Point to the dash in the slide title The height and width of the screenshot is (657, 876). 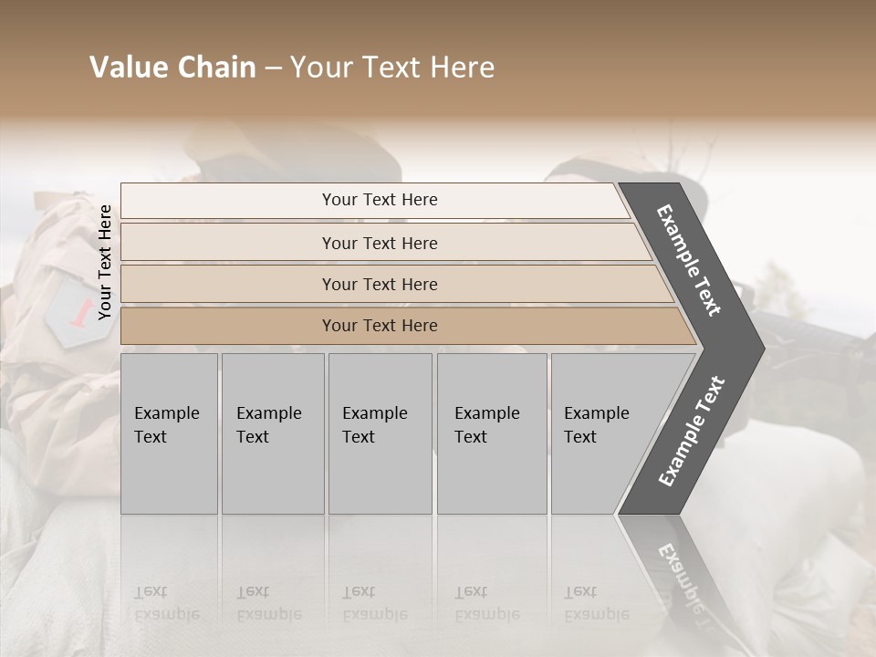273,68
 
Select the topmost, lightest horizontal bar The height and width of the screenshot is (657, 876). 374,200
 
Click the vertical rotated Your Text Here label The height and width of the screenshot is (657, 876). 105,262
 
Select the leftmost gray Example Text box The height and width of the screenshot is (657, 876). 168,433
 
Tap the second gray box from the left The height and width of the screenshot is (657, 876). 272,433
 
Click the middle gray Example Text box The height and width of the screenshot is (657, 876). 379,433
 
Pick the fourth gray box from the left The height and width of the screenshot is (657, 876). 491,433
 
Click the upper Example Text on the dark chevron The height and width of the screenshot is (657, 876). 689,260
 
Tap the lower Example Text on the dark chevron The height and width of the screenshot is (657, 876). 692,431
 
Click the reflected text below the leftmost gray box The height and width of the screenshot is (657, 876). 166,603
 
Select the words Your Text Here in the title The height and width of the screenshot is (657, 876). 392,68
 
